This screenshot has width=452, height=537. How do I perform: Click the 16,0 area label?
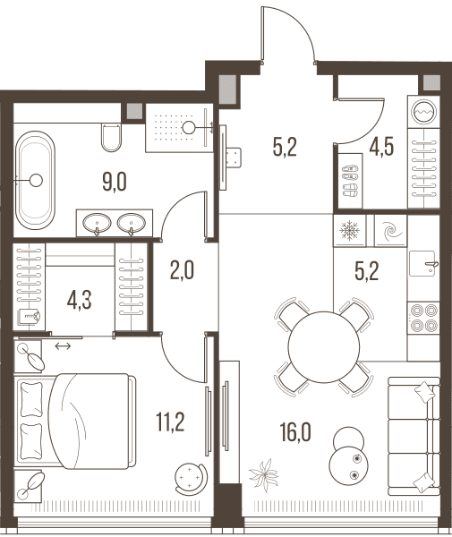click(x=295, y=432)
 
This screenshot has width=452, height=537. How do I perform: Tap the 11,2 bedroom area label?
click(x=170, y=422)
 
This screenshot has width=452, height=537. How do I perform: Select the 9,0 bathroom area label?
click(x=115, y=182)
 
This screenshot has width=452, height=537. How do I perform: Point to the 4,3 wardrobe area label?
click(x=80, y=301)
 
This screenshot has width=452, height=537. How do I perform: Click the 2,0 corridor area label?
click(x=182, y=269)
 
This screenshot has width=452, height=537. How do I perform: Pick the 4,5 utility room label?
click(x=381, y=147)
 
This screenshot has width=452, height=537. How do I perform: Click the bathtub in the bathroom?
click(x=36, y=180)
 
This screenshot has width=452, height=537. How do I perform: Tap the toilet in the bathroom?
click(x=111, y=137)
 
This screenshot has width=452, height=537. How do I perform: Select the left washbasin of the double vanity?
click(x=97, y=223)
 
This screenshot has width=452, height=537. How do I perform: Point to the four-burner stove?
click(x=423, y=318)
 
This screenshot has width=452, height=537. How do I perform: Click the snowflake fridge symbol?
click(x=350, y=230)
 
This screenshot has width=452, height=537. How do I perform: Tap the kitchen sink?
click(x=422, y=263)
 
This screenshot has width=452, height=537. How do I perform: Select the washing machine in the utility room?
click(x=424, y=112)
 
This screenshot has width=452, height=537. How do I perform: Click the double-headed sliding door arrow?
click(x=63, y=346)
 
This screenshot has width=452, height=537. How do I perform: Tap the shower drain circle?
click(x=188, y=128)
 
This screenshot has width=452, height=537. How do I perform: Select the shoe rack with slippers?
click(x=350, y=181)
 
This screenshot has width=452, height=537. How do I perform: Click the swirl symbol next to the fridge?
click(x=391, y=231)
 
